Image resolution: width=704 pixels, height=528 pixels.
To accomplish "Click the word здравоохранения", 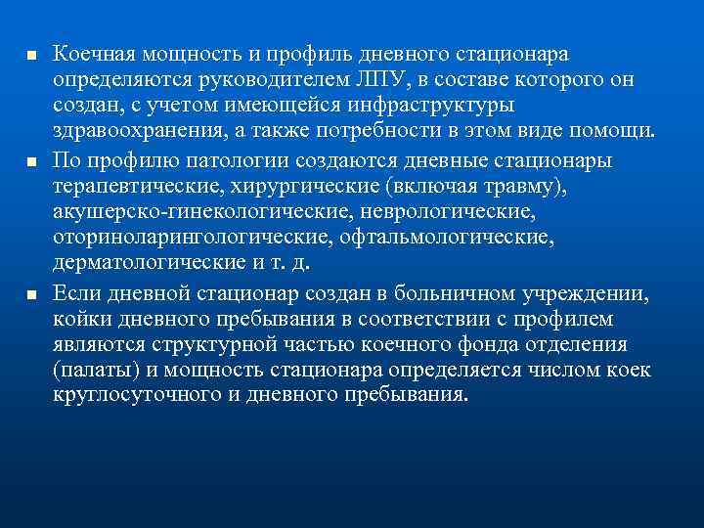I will [x=141, y=131].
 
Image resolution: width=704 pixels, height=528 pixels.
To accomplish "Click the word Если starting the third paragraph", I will [x=75, y=290].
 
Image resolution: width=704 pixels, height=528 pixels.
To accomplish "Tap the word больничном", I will [x=424, y=290].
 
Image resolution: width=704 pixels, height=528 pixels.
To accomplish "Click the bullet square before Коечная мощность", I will [x=31, y=53].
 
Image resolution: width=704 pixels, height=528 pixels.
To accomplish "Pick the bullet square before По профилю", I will [x=31, y=158].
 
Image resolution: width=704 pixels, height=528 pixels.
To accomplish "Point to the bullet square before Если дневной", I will [x=31, y=291].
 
